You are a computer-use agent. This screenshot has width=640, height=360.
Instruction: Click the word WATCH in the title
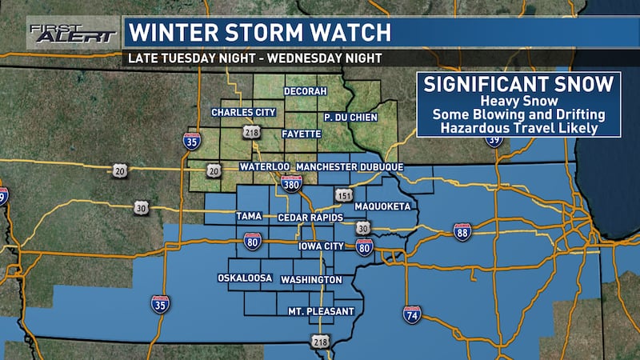click(x=351, y=34)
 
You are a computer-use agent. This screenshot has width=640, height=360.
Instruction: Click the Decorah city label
click(x=306, y=91)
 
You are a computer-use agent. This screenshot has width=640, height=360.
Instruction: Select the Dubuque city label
click(x=379, y=166)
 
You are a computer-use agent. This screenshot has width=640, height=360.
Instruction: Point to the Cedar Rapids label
click(x=311, y=218)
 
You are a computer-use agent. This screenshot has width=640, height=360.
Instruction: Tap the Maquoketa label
click(x=384, y=206)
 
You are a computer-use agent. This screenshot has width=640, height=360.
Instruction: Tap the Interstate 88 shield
click(x=462, y=231)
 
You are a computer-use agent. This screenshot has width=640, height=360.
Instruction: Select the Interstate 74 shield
click(x=412, y=314)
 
